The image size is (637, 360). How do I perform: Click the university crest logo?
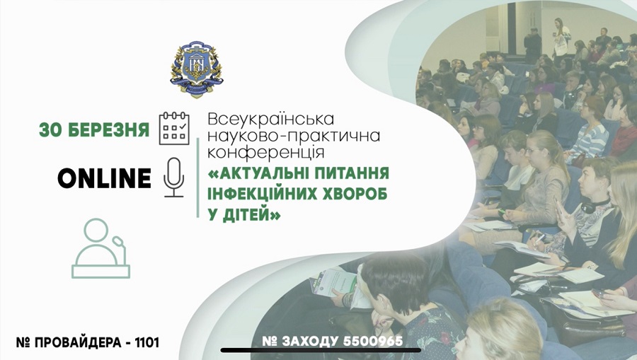(x=196, y=69)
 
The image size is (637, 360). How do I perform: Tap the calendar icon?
(x=174, y=128)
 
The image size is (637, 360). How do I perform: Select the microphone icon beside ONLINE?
(x=174, y=178)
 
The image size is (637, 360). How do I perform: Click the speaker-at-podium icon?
(x=101, y=248)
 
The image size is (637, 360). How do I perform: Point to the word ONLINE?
(x=105, y=178)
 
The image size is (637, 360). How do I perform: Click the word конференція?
(x=265, y=153)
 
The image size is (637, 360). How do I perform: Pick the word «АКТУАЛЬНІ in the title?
(x=258, y=173)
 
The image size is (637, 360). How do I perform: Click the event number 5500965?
(x=373, y=342)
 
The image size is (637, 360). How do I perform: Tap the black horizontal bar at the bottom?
(x=321, y=350)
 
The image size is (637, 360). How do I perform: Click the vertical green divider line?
(x=198, y=178)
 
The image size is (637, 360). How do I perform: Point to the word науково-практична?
(x=294, y=136)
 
